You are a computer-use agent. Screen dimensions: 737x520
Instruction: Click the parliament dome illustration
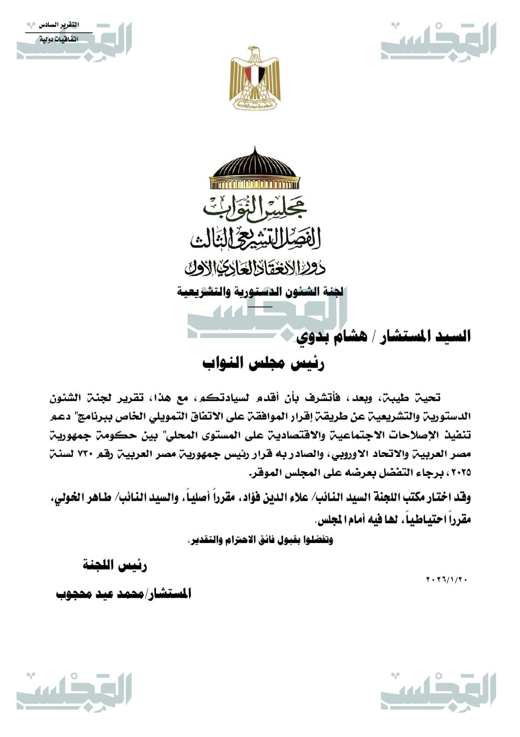click(x=254, y=170)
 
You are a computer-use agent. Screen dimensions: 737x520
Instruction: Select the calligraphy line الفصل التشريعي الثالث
click(x=254, y=238)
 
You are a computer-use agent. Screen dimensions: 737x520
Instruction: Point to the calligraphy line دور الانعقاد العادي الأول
click(x=254, y=267)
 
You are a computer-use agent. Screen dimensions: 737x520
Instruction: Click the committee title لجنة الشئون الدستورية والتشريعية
click(x=260, y=292)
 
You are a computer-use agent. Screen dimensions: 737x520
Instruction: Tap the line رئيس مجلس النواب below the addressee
click(x=264, y=363)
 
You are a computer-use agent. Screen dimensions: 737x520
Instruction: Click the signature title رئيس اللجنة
click(x=115, y=566)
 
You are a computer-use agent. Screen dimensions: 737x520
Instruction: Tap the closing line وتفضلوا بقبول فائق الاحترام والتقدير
click(x=260, y=540)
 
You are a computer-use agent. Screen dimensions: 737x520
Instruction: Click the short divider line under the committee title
click(x=260, y=306)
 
